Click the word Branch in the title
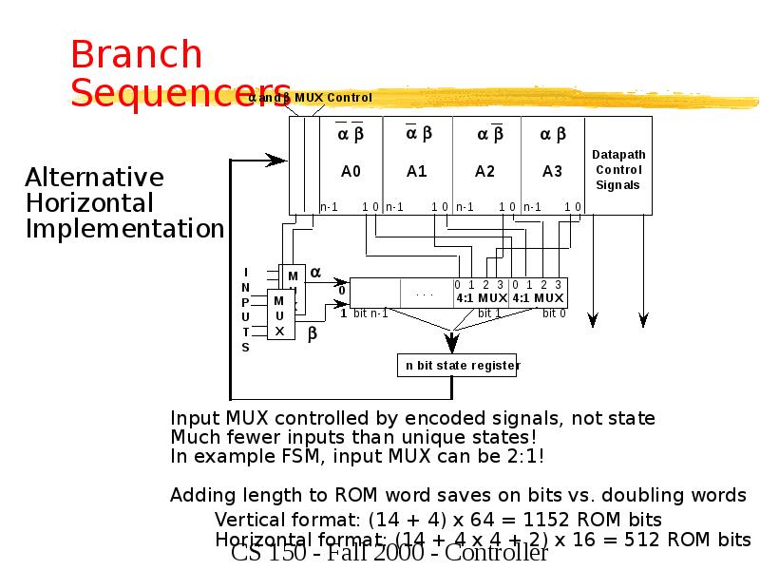tap(137, 55)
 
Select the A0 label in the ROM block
tap(351, 172)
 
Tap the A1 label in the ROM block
tap(417, 172)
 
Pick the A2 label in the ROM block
tap(485, 172)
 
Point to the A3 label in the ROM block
tap(552, 172)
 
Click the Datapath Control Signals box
tap(618, 169)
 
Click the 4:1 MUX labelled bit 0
tap(539, 297)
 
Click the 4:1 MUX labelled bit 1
tap(481, 297)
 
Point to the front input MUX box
tap(279, 314)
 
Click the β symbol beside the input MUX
tap(312, 333)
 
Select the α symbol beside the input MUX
tap(315, 273)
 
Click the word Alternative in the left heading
tap(94, 178)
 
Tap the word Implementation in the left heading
tap(124, 229)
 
